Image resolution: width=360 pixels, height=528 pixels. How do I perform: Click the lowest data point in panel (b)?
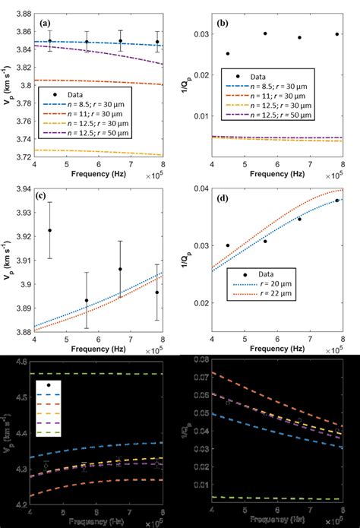point(228,54)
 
